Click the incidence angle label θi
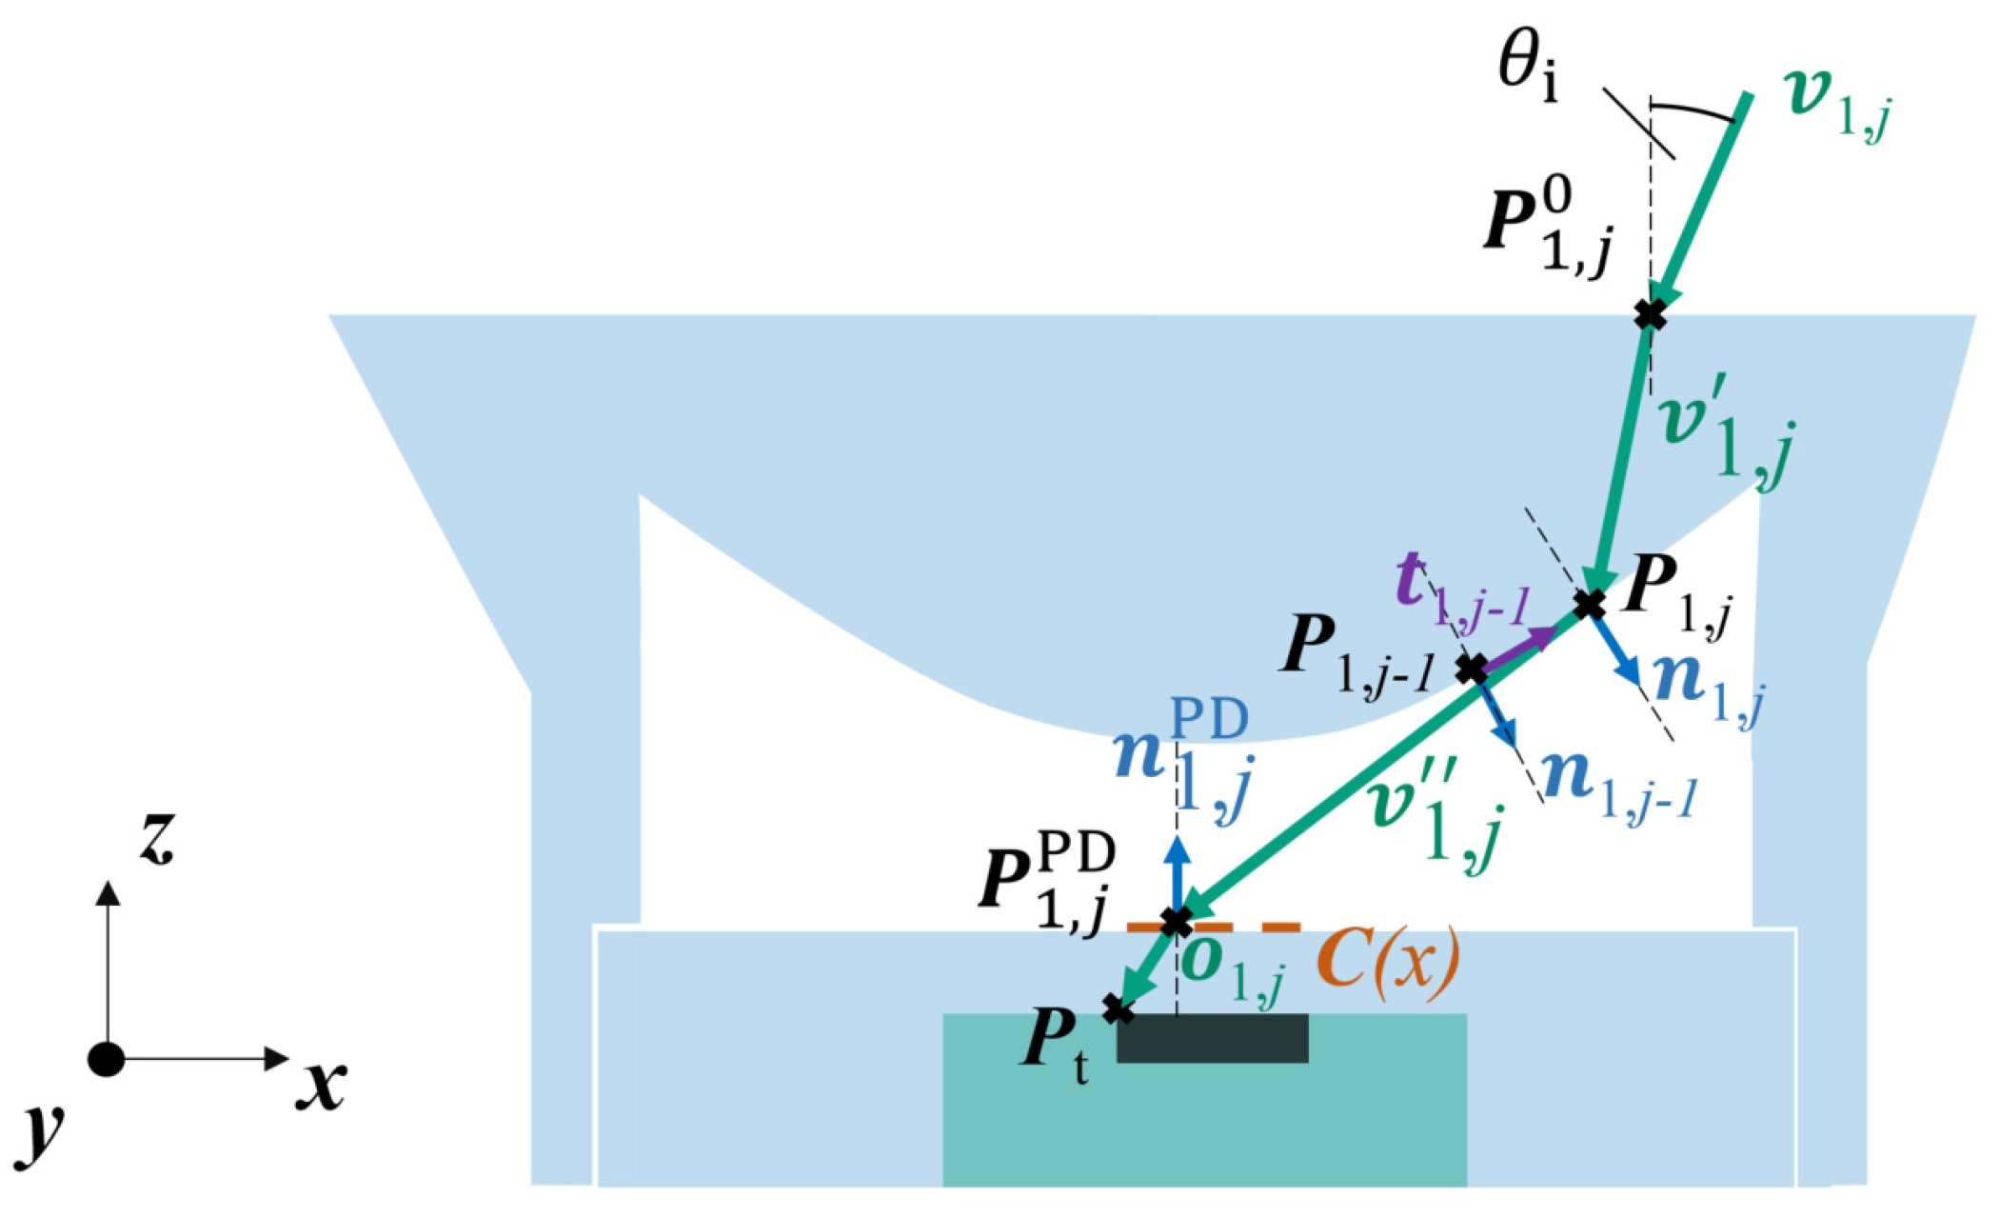coord(1528,71)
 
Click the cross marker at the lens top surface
coord(1650,314)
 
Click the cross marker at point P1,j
coord(1588,604)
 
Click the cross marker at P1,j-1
coord(1472,669)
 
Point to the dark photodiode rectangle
coord(1212,1038)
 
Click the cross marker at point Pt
coord(1118,1009)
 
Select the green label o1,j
coord(1233,971)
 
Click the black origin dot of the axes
coord(106,1059)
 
